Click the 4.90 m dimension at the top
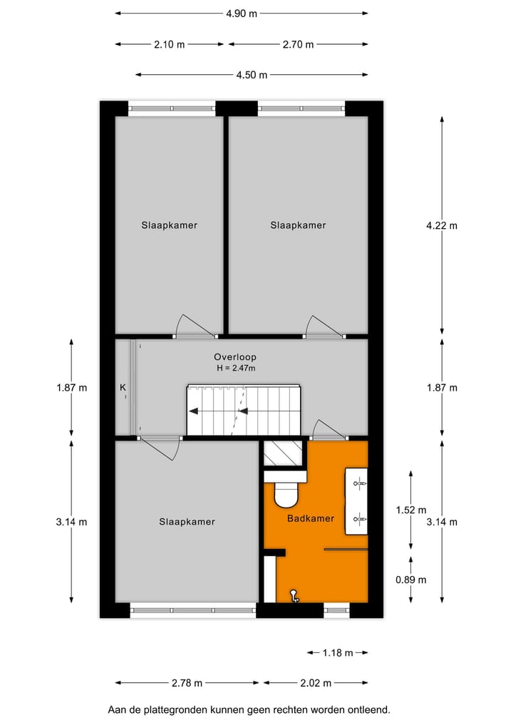coord(242,13)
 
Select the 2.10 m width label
coord(169,44)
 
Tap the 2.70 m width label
coord(298,44)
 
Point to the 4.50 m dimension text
coord(252,75)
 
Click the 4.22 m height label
coord(441,225)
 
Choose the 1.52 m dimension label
coord(411,510)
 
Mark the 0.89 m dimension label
coord(411,580)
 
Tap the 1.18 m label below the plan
coord(338,652)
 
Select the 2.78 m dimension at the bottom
coord(187,683)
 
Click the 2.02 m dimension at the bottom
coord(316,683)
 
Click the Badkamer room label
coord(311,518)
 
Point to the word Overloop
coord(235,356)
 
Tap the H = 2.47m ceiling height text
coord(236,368)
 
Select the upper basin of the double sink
coord(358,483)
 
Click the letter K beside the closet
coord(123,388)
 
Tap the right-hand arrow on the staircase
coord(243,411)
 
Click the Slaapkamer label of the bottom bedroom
coord(187,522)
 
